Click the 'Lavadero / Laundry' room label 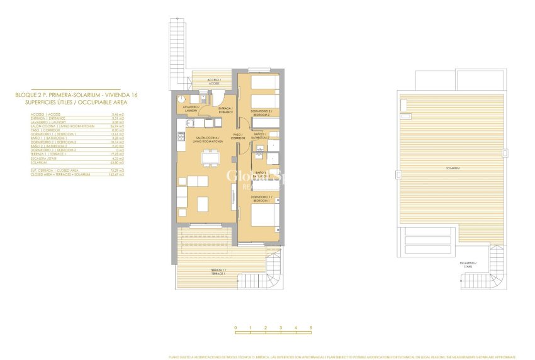[x=191, y=109]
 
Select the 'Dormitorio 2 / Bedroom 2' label [x=261, y=114]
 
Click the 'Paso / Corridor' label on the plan [x=238, y=136]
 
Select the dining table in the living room [x=206, y=162]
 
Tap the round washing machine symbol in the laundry [x=179, y=99]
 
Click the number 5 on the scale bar [x=311, y=328]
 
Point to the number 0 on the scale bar [x=235, y=328]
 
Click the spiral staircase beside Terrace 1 [x=273, y=271]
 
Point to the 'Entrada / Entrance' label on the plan [x=225, y=110]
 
